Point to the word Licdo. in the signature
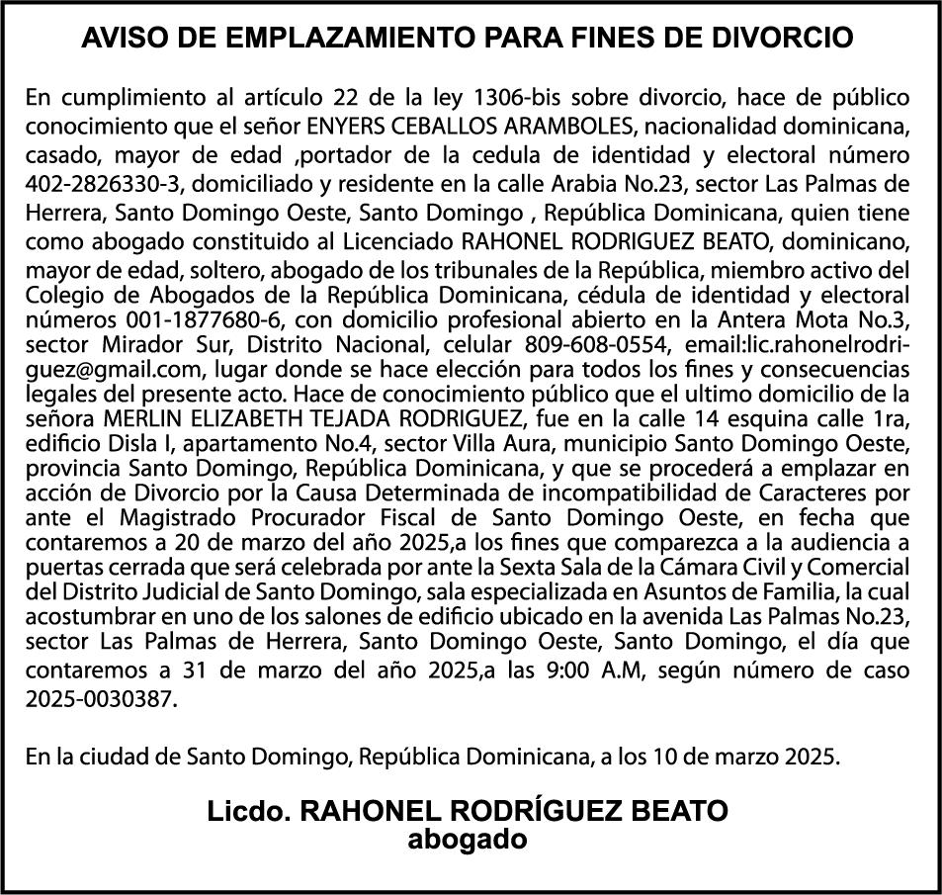(x=248, y=812)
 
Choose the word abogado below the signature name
(x=467, y=841)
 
